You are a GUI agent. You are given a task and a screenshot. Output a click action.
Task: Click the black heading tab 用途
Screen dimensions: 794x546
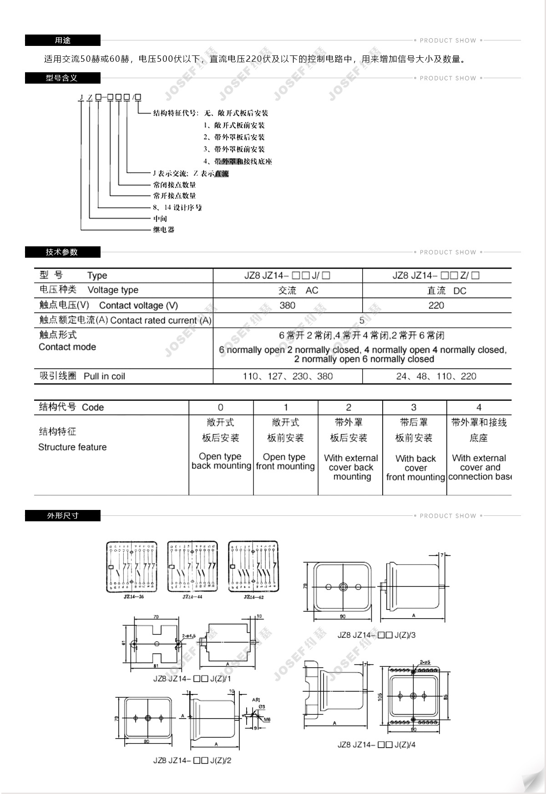[x=62, y=40]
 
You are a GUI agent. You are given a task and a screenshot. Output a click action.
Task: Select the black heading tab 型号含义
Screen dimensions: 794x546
[x=62, y=78]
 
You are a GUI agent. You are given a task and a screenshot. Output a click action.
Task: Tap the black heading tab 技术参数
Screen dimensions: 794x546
[x=62, y=252]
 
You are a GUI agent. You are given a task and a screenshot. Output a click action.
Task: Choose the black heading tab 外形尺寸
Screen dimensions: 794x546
[x=62, y=516]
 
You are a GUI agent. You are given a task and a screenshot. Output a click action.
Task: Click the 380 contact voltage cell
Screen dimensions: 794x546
[x=287, y=305]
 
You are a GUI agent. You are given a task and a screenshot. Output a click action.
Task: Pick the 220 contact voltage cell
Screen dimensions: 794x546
[x=436, y=305]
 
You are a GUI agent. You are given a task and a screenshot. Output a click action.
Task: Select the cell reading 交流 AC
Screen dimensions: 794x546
[x=298, y=290]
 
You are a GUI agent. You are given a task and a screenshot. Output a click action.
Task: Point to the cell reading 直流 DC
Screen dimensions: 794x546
[x=446, y=291]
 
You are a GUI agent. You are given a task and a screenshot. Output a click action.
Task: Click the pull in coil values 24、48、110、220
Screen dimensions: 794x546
[x=436, y=376]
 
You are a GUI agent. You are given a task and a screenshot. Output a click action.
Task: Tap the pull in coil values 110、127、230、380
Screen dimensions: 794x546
[x=288, y=376]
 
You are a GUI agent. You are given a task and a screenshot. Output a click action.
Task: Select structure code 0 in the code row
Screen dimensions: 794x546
[x=221, y=407]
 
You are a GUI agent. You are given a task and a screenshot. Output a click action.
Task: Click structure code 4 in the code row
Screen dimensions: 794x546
[x=479, y=407]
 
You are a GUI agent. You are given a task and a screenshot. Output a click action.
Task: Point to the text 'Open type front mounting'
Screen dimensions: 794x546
[x=285, y=461]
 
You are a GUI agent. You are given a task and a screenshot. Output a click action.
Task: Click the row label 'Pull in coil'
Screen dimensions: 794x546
[x=104, y=376]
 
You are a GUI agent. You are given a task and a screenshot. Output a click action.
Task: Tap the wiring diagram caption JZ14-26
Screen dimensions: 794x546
[x=133, y=597]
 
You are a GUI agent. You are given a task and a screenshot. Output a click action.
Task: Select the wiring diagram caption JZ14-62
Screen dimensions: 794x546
[x=253, y=597]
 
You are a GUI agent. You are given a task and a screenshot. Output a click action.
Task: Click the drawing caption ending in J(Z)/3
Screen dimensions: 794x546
[x=376, y=635]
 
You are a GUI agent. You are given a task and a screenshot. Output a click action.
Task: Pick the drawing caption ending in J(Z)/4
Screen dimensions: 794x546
[x=376, y=745]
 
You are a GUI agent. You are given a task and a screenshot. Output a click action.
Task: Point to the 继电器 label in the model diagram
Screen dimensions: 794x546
[x=163, y=230]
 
